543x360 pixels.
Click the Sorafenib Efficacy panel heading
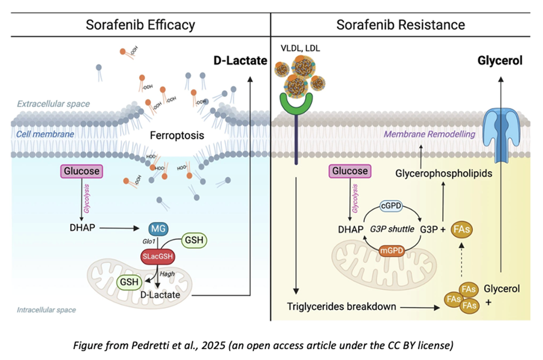coord(140,25)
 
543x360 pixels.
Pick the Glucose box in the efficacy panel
coord(80,171)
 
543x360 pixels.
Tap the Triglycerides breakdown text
coord(342,307)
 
